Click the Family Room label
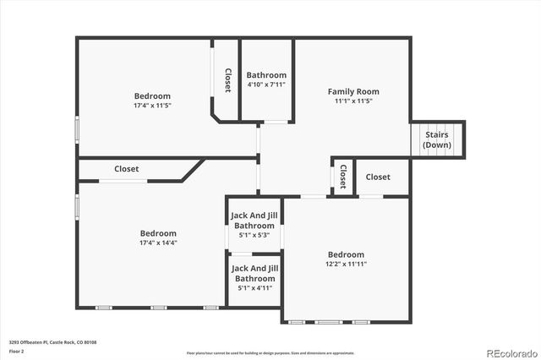pyautogui.click(x=353, y=91)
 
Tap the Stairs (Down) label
pyautogui.click(x=437, y=139)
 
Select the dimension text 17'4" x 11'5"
pyautogui.click(x=152, y=106)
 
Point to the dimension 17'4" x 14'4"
pyautogui.click(x=158, y=243)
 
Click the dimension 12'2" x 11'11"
pyautogui.click(x=346, y=264)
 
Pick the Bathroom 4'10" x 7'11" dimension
pyautogui.click(x=266, y=85)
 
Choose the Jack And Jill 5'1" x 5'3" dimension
pyautogui.click(x=254, y=235)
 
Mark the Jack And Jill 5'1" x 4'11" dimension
pyautogui.click(x=254, y=287)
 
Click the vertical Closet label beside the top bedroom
pyautogui.click(x=227, y=80)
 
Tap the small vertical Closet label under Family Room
pyautogui.click(x=342, y=177)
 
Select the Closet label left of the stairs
pyautogui.click(x=378, y=177)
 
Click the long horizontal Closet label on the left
pyautogui.click(x=127, y=169)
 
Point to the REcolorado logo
pyautogui.click(x=510, y=352)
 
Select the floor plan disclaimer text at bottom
pyautogui.click(x=270, y=352)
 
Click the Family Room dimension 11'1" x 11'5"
pyautogui.click(x=353, y=101)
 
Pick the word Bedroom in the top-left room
pyautogui.click(x=152, y=96)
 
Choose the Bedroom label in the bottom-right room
pyautogui.click(x=346, y=254)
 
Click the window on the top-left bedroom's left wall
pyautogui.click(x=78, y=128)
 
